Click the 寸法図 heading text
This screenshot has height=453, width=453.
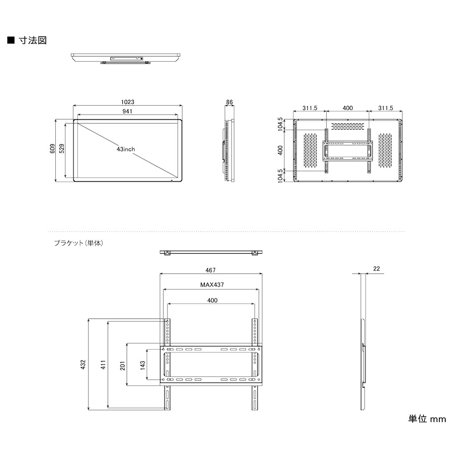click(33, 40)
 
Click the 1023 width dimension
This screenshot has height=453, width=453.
click(128, 102)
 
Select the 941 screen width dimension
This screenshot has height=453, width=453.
click(128, 111)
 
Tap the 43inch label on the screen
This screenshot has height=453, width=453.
click(125, 149)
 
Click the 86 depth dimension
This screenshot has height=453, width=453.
click(230, 102)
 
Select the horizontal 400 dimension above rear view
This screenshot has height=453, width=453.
click(347, 108)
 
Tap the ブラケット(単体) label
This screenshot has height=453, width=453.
click(79, 243)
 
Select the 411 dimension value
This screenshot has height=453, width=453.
click(103, 365)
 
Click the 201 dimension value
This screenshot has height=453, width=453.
click(123, 365)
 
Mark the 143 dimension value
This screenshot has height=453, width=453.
click(143, 365)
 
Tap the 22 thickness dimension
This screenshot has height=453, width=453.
click(376, 268)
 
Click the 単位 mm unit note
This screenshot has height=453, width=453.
click(427, 419)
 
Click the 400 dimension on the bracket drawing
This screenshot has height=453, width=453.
click(212, 300)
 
